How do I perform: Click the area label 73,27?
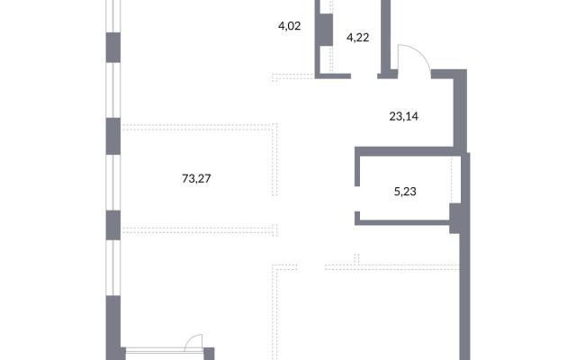196,178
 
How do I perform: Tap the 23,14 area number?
403,116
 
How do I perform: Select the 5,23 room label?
405,192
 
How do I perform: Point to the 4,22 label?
357,38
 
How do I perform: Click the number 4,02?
290,26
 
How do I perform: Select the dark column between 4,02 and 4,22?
325,30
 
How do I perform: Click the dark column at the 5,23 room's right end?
455,218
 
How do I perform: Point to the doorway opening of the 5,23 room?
357,199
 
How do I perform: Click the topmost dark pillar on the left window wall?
113,48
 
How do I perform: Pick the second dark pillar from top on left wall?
113,136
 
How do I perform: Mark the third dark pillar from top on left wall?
113,225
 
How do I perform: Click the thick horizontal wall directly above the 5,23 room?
404,151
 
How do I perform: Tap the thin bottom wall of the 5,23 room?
402,222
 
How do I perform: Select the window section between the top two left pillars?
113,90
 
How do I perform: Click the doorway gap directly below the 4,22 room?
364,76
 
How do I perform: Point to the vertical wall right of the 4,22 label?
385,37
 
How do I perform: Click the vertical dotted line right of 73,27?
275,160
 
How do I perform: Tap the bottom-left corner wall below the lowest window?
113,328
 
